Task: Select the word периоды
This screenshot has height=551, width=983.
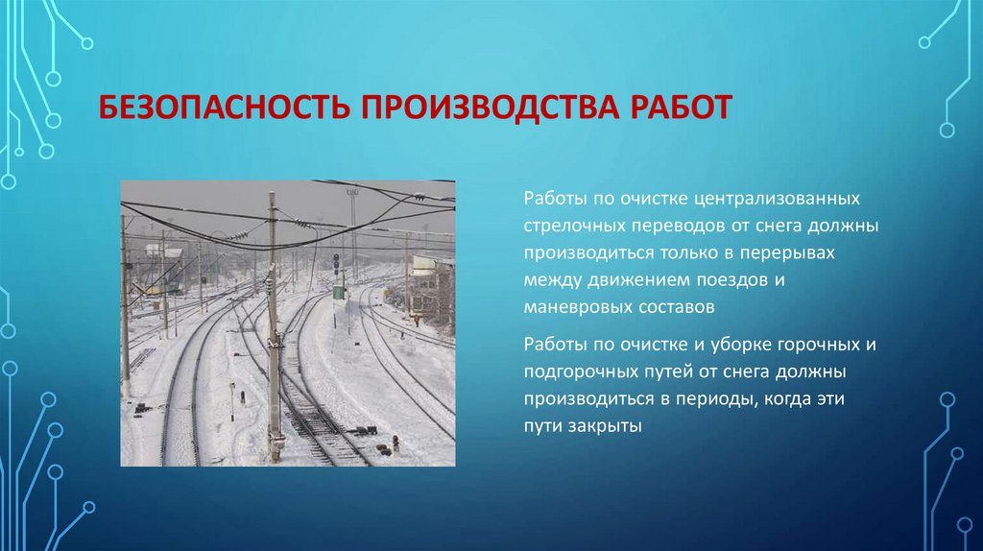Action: point(712,397)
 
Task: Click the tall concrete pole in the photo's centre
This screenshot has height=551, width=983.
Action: point(274,326)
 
